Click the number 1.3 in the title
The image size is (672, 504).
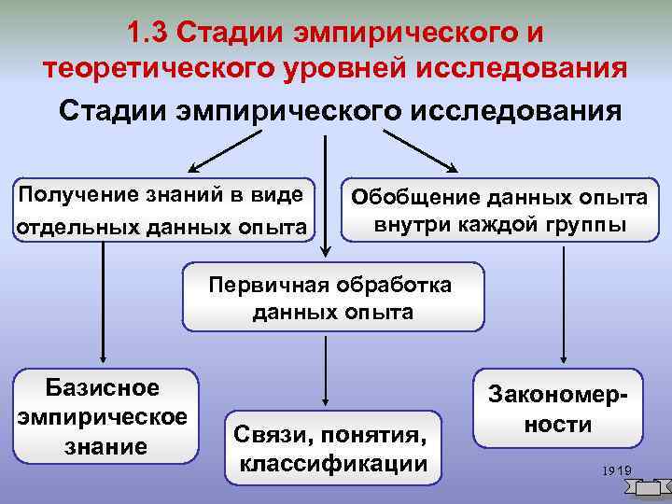146,33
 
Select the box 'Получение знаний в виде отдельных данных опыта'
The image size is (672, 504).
161,210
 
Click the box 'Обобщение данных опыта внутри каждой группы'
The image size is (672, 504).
498,211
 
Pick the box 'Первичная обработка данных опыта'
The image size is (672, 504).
332,298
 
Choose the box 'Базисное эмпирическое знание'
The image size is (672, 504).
102,416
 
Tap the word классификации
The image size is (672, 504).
333,464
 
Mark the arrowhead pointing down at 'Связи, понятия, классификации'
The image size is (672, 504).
324,400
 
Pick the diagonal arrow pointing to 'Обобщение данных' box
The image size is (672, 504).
420,150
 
